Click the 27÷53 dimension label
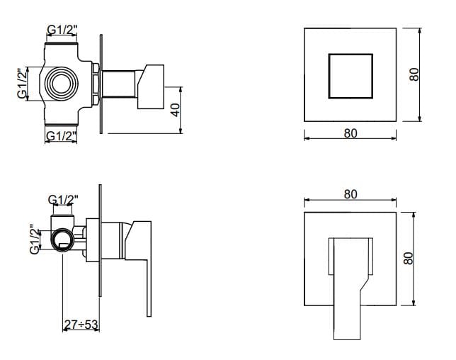point(81,324)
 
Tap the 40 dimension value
point(176,110)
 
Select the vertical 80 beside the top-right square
point(414,74)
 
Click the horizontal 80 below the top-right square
point(350,133)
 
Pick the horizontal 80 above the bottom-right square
point(350,194)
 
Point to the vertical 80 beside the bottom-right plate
point(409,258)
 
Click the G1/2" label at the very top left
point(62,29)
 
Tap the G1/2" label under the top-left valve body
point(62,135)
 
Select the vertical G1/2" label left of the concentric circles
point(23,84)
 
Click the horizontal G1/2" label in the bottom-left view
point(63,200)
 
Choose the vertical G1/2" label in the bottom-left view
point(35,240)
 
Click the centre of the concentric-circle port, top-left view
point(62,84)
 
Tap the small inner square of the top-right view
point(350,76)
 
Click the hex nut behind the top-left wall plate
point(96,84)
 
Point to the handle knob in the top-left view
point(151,86)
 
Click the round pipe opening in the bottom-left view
point(62,240)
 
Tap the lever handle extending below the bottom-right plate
point(347,322)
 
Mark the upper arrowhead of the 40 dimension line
point(181,89)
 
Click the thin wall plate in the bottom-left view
point(101,240)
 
